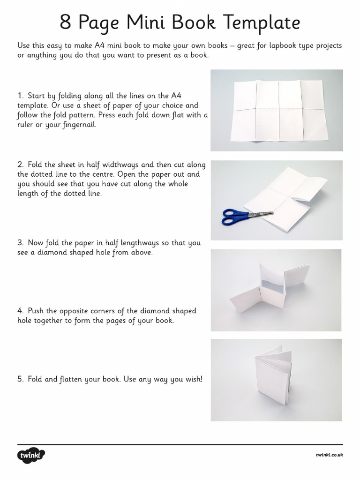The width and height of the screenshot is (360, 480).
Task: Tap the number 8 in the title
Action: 66,22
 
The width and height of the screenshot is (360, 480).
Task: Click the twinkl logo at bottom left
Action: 31,455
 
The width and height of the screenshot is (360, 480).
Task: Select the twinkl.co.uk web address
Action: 329,455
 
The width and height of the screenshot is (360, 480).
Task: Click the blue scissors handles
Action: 234,216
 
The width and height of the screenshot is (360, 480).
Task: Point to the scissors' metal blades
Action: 261,213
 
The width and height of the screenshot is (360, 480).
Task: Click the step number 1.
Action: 20,96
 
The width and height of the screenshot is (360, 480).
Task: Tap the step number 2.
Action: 20,165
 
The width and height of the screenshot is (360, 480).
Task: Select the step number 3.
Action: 20,243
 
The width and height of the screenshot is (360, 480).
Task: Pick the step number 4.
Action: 20,311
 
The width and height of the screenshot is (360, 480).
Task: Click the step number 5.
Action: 20,379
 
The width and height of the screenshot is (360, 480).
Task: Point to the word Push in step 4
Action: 36,311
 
